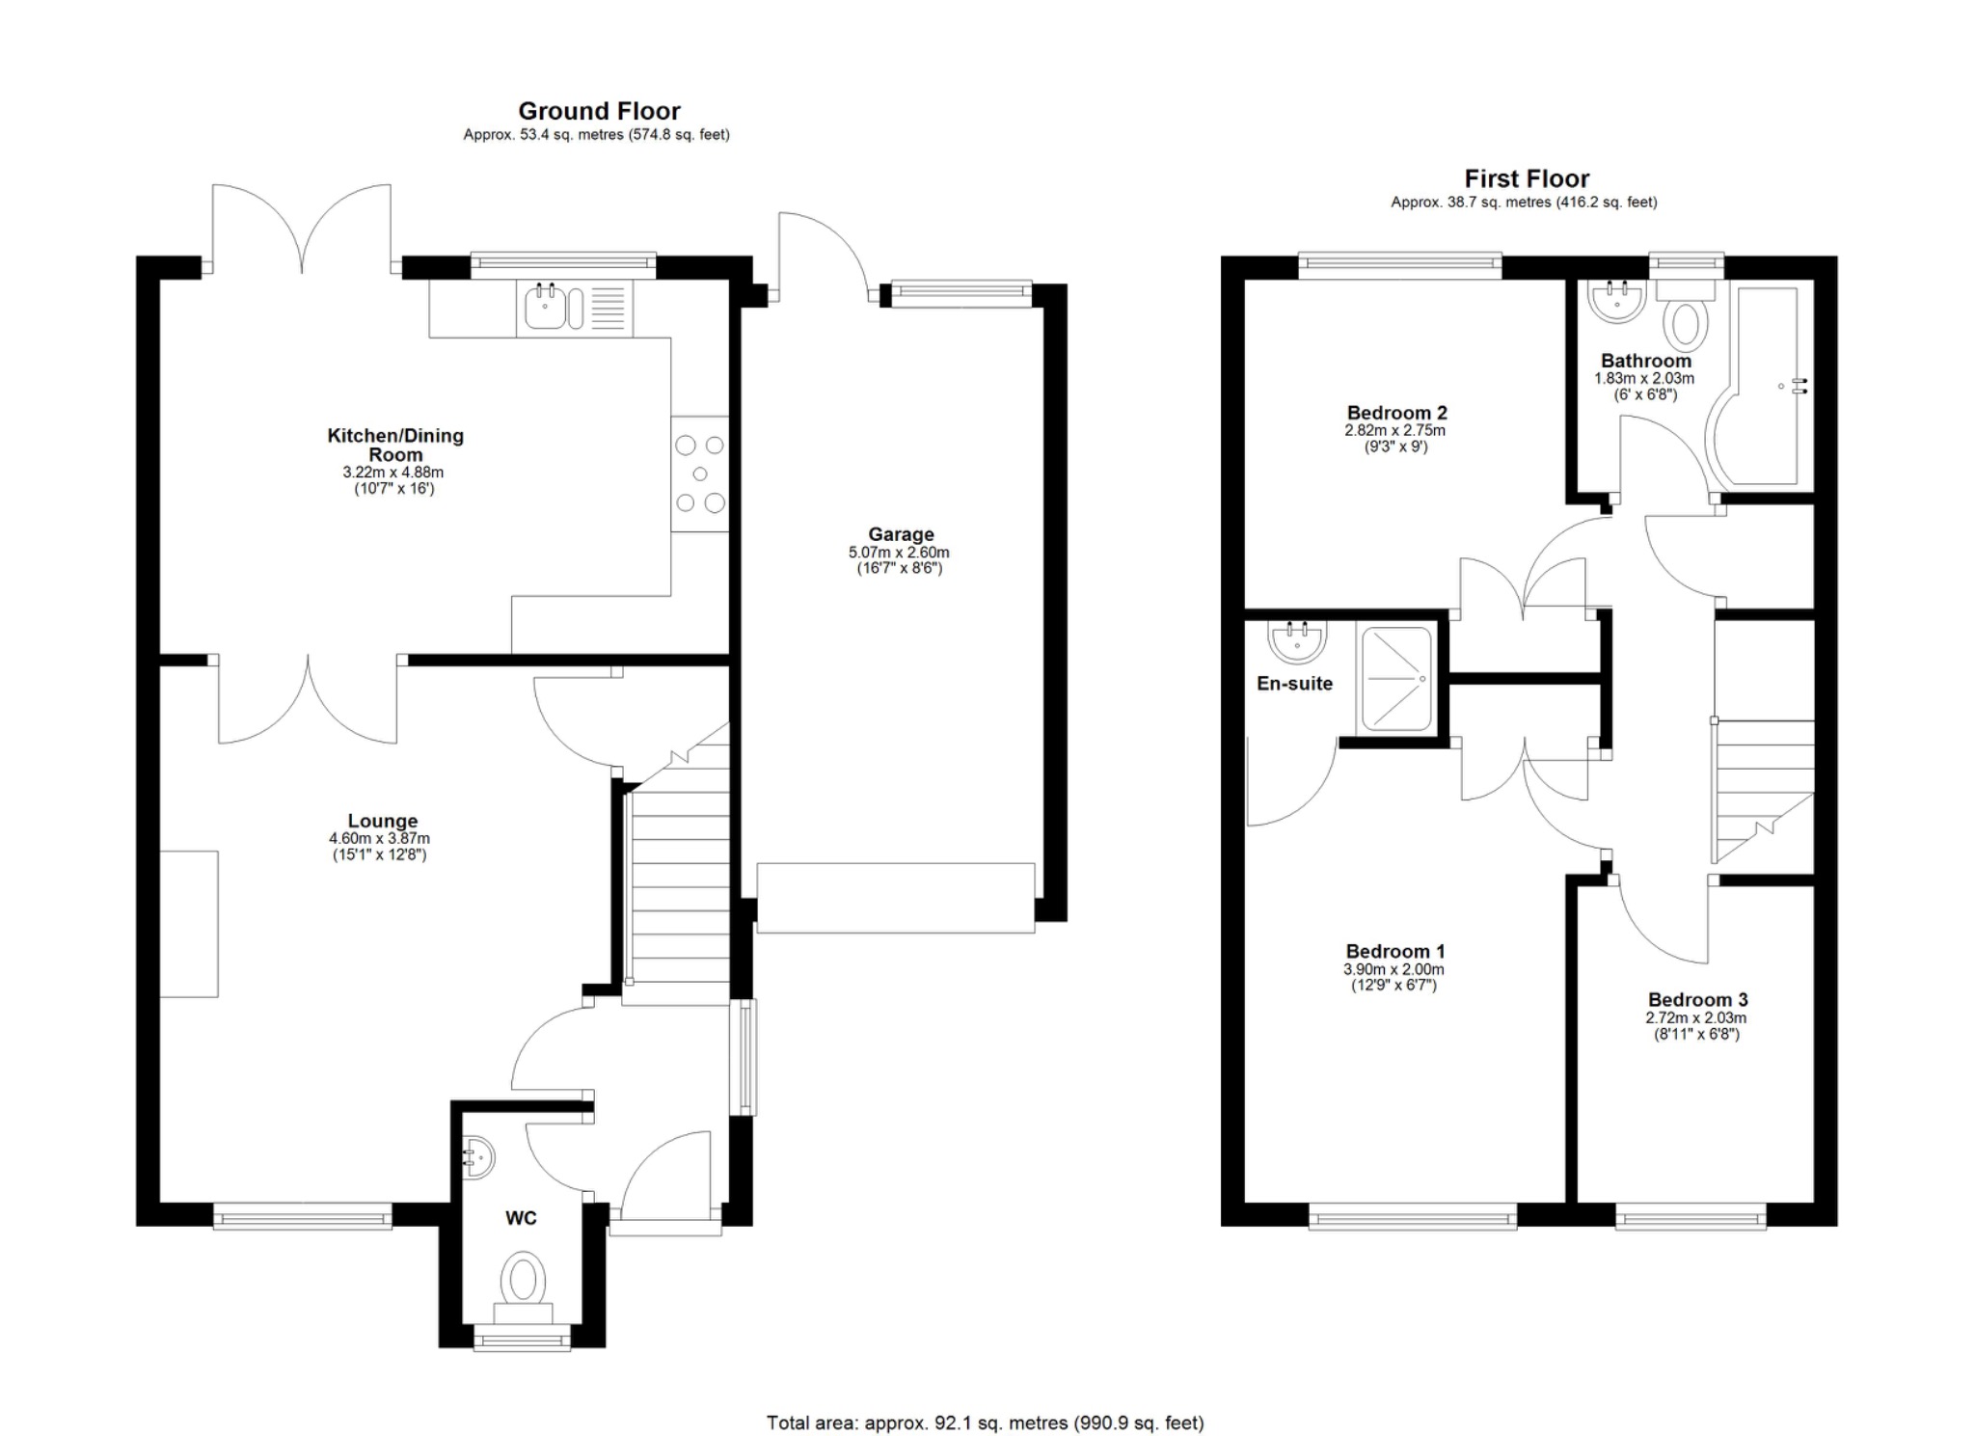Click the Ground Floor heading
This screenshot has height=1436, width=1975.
599,111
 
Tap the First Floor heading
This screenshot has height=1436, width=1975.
1526,178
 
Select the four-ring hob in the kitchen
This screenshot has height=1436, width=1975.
700,474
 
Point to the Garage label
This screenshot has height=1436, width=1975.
901,534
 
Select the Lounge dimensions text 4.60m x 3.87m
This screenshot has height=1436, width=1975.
379,839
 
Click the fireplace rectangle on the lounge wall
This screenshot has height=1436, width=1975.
189,924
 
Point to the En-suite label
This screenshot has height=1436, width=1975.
1294,684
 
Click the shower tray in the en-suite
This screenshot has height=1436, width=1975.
1394,677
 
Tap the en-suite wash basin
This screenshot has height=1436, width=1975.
1297,640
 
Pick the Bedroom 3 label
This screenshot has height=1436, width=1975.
1697,1000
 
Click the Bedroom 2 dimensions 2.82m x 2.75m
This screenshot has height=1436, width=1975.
1394,430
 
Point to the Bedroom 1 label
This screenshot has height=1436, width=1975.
1394,952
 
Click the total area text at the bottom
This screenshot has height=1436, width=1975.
985,1422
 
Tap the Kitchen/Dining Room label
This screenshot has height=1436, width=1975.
395,445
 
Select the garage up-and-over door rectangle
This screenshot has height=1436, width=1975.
895,898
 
